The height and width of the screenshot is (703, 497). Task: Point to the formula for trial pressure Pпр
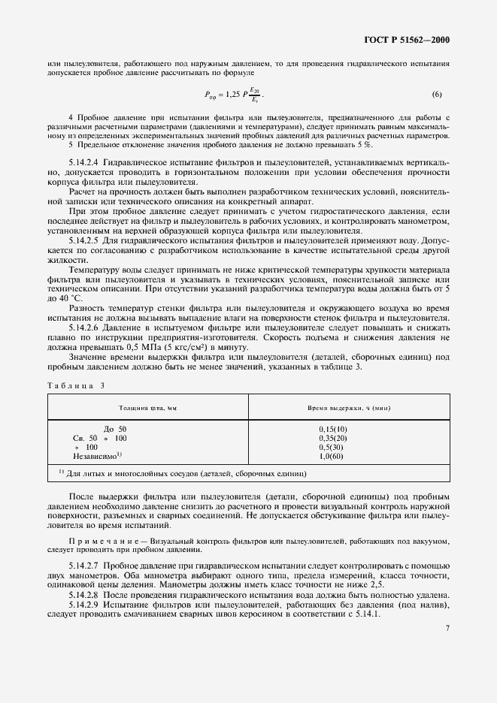click(234, 95)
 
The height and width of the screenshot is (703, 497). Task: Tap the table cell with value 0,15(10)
click(332, 429)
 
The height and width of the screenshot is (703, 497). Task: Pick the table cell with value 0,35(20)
click(332, 438)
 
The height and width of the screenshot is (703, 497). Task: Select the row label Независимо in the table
click(97, 456)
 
